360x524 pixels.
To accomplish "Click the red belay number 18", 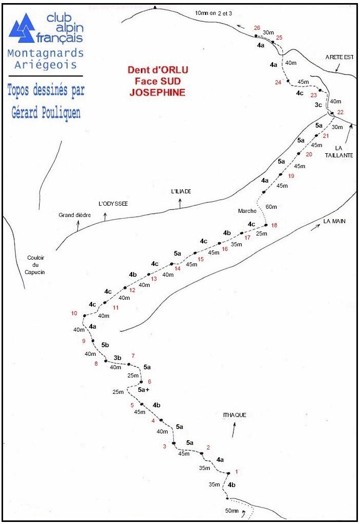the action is tap(274, 226).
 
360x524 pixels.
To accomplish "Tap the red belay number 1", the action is tap(236, 471).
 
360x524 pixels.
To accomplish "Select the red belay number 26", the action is tap(257, 28).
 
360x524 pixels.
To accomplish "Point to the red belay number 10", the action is tap(74, 314).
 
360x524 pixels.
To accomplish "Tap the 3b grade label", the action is tap(117, 358).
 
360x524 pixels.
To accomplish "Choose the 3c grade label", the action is tap(318, 105).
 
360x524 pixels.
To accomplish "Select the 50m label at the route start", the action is tap(232, 511).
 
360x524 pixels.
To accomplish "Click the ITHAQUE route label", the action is tap(235, 415).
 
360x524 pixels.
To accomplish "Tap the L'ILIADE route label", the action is tap(181, 191).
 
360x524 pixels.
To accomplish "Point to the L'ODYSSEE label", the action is tap(113, 204).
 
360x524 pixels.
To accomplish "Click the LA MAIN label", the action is tap(334, 222).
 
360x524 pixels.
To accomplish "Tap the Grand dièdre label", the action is tap(74, 215).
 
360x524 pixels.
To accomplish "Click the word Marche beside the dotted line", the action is tap(247, 211).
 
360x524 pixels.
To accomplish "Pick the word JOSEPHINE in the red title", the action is tap(159, 93).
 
